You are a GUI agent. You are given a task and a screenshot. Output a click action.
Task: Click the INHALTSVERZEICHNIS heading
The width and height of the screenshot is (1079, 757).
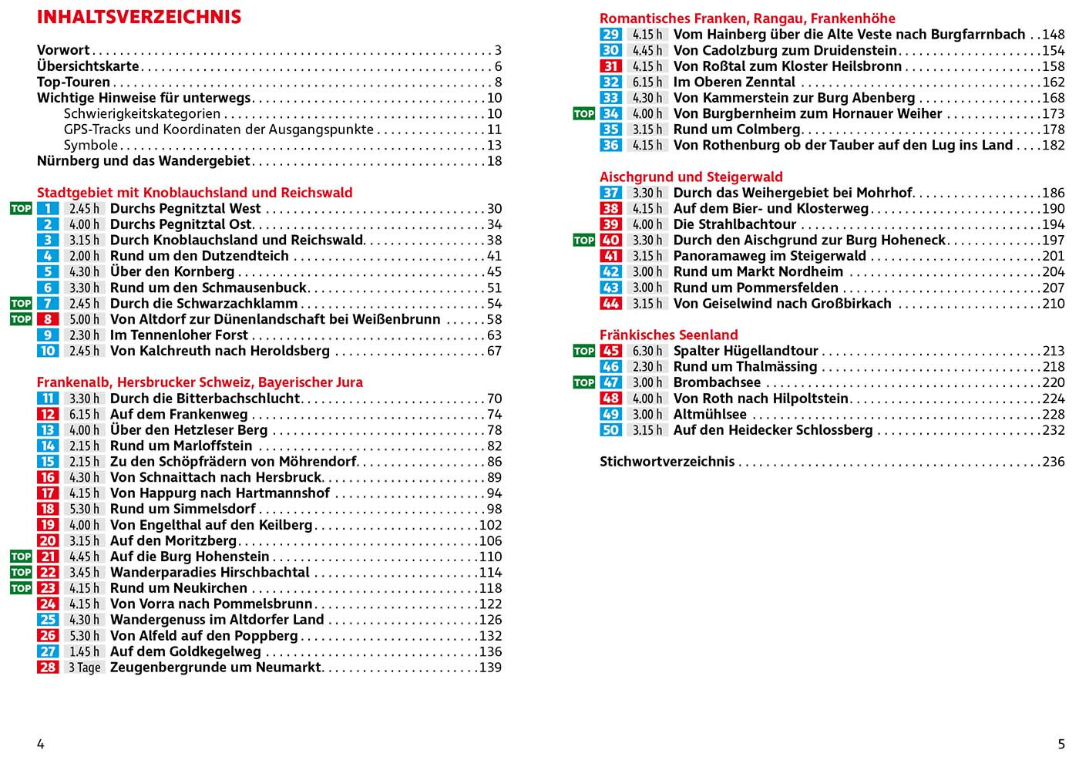click(x=139, y=17)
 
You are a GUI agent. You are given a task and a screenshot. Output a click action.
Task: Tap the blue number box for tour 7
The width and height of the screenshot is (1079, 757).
click(x=48, y=304)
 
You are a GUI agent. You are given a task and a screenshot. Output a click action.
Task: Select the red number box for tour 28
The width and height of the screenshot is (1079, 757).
click(x=48, y=668)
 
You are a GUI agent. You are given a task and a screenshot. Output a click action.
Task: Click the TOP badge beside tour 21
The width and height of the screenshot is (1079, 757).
click(x=21, y=557)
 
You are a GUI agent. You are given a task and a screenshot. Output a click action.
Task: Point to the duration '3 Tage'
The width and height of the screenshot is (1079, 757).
click(x=84, y=668)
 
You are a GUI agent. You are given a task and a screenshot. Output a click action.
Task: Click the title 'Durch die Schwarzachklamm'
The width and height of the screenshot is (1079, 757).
click(x=203, y=304)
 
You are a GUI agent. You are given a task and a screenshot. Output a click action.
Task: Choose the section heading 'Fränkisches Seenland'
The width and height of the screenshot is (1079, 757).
click(x=668, y=335)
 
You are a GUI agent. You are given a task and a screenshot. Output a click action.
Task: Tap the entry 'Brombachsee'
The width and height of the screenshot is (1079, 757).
click(x=717, y=382)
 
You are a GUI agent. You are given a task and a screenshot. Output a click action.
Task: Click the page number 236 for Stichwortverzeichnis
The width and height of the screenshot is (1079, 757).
click(x=1053, y=462)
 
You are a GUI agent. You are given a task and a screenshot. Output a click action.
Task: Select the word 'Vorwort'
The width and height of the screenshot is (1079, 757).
click(x=63, y=50)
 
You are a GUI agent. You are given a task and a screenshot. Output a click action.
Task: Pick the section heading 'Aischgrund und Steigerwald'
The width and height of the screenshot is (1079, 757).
click(x=691, y=177)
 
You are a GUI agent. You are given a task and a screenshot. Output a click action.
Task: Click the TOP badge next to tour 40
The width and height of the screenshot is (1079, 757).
click(x=583, y=241)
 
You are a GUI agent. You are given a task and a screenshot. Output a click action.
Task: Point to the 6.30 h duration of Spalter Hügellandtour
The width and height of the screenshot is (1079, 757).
click(x=647, y=351)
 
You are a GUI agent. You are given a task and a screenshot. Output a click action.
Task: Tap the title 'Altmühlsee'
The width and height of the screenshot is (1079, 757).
click(x=710, y=414)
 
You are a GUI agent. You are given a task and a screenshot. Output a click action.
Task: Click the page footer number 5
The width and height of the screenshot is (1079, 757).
click(x=1061, y=744)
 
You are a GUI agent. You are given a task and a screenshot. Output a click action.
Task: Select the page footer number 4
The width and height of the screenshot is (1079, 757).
click(x=41, y=744)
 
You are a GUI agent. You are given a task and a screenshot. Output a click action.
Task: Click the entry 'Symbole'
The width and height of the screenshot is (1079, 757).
click(x=91, y=145)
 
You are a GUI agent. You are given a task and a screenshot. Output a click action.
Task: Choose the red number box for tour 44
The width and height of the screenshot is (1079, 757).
click(x=610, y=304)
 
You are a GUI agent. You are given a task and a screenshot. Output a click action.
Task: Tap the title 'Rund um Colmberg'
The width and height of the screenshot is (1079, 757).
click(x=737, y=130)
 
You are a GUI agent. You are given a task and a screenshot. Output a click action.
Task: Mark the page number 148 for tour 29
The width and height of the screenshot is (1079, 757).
click(x=1053, y=35)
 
